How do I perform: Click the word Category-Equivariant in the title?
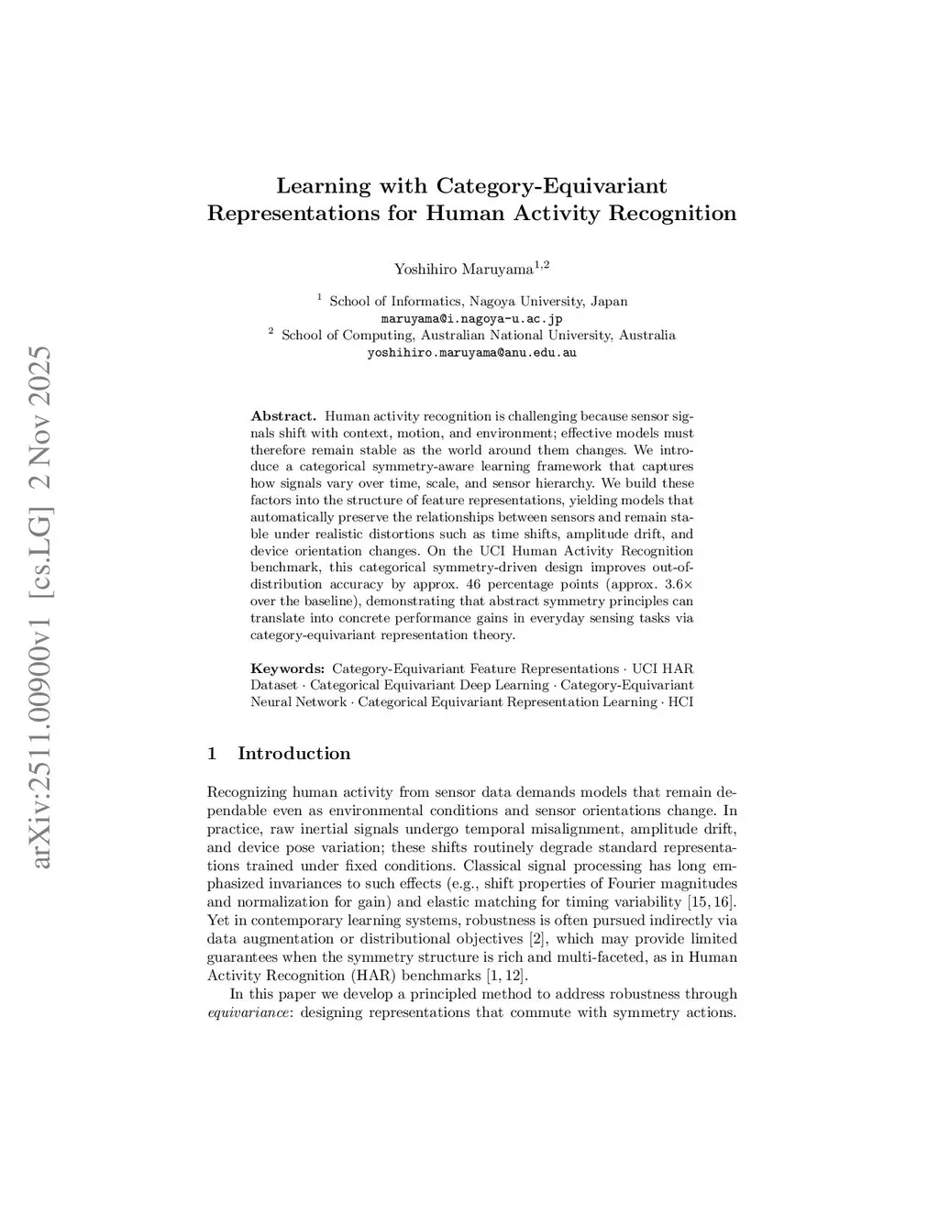click(551, 186)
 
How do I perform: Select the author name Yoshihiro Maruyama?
click(463, 269)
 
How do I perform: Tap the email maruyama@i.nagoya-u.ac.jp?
click(471, 318)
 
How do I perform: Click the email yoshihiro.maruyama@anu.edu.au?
click(471, 352)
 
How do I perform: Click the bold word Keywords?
click(287, 668)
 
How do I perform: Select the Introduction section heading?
click(293, 754)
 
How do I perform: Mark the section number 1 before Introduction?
click(212, 754)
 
